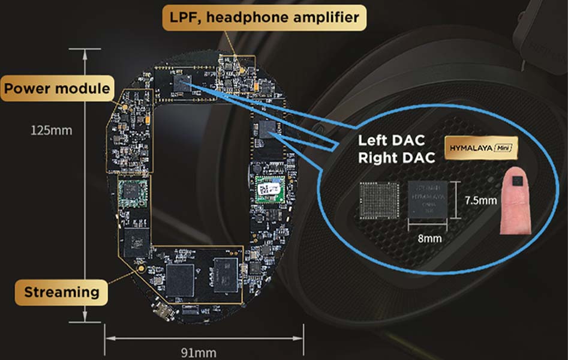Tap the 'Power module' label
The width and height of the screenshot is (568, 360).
58,89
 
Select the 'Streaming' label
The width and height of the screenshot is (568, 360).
61,292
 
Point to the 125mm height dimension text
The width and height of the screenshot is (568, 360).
52,129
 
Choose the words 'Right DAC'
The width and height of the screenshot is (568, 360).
395,158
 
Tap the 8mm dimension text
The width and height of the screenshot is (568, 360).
430,238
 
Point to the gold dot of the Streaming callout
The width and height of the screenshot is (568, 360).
142,269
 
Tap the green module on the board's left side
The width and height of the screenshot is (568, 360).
130,192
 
